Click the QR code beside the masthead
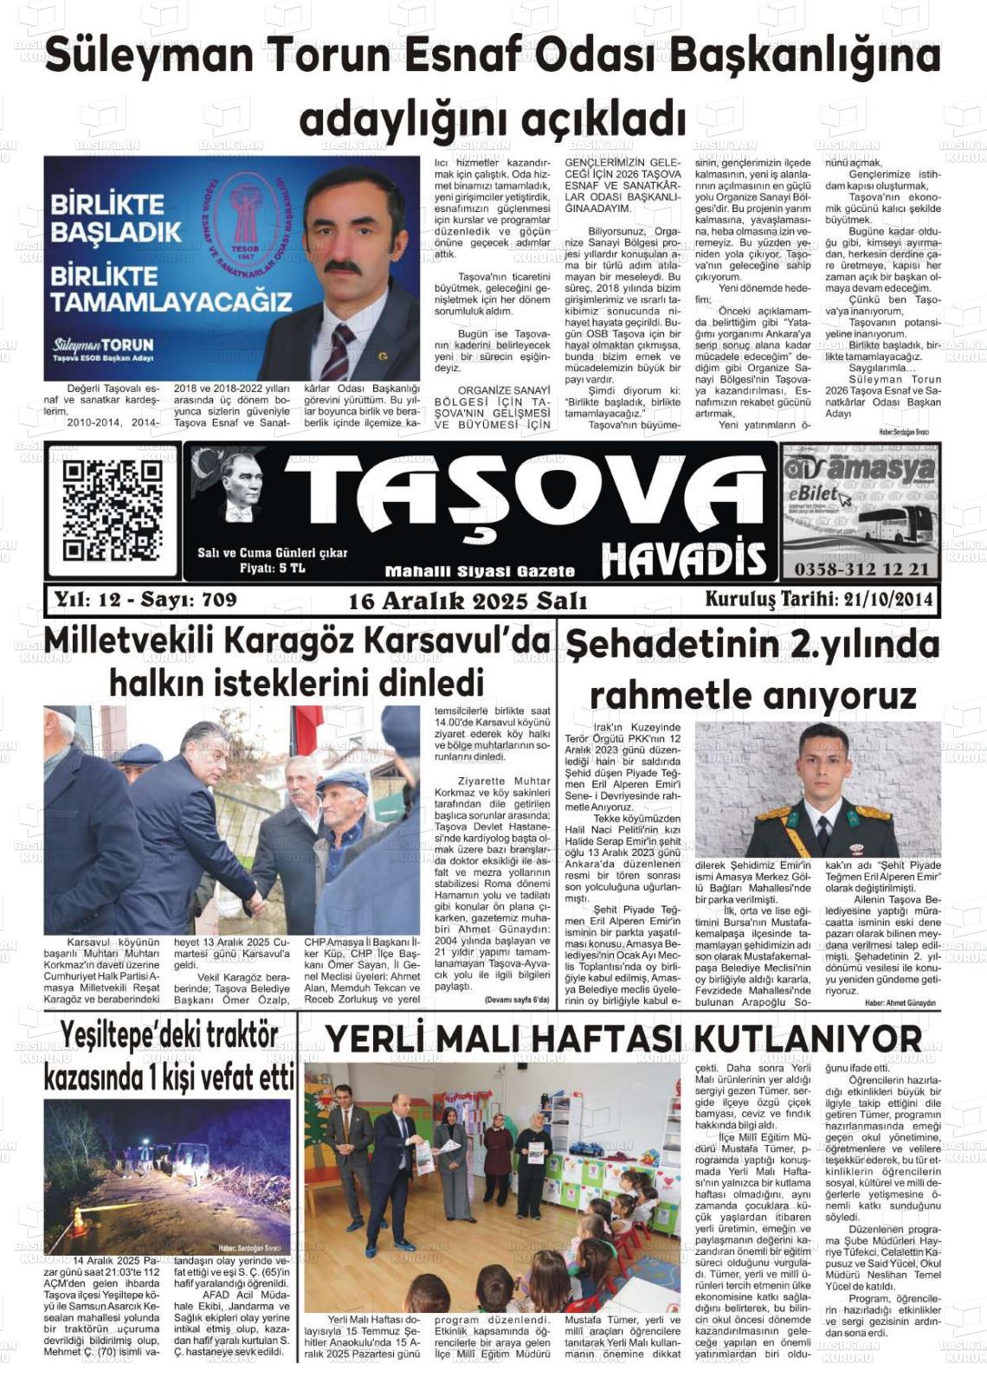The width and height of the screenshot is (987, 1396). click(x=112, y=510)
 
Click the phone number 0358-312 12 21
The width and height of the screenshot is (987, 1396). click(x=861, y=569)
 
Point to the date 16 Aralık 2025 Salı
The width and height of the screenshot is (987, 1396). click(x=468, y=601)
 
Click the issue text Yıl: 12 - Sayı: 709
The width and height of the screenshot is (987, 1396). click(x=145, y=599)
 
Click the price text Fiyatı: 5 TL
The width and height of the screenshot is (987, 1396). click(x=272, y=568)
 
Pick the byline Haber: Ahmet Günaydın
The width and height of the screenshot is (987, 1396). click(x=900, y=1002)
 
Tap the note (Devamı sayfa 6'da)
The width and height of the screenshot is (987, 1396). click(x=517, y=1000)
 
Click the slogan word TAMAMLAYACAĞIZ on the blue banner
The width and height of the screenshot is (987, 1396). click(x=171, y=302)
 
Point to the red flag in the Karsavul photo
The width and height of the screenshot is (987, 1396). click(x=306, y=727)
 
